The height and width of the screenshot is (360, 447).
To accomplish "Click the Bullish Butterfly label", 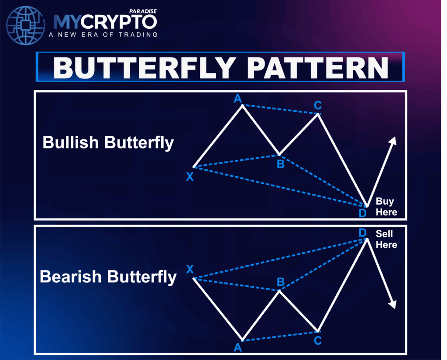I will coord(108,143).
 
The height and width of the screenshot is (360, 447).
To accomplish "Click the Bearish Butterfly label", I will coord(108,277).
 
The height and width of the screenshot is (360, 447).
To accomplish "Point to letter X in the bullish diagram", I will coord(189,177).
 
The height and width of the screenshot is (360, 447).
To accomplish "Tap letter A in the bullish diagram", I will coord(238,99).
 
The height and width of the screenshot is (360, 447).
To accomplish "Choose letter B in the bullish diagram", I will coord(281,165).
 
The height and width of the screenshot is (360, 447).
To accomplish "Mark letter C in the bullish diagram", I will coord(318,105).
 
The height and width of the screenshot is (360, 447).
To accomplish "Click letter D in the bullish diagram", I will coord(362,213).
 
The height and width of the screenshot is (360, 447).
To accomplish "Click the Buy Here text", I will coord(386,207).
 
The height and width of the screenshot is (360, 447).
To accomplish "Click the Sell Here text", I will coord(386,239).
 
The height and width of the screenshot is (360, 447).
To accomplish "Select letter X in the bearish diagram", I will coord(189,269).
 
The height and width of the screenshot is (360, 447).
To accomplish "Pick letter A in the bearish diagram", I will coord(238,348).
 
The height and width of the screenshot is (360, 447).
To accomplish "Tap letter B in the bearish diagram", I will coord(281,282).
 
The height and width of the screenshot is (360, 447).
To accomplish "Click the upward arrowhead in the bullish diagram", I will coord(393,141).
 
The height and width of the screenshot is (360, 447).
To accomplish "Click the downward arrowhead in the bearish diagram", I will coord(393,304).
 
